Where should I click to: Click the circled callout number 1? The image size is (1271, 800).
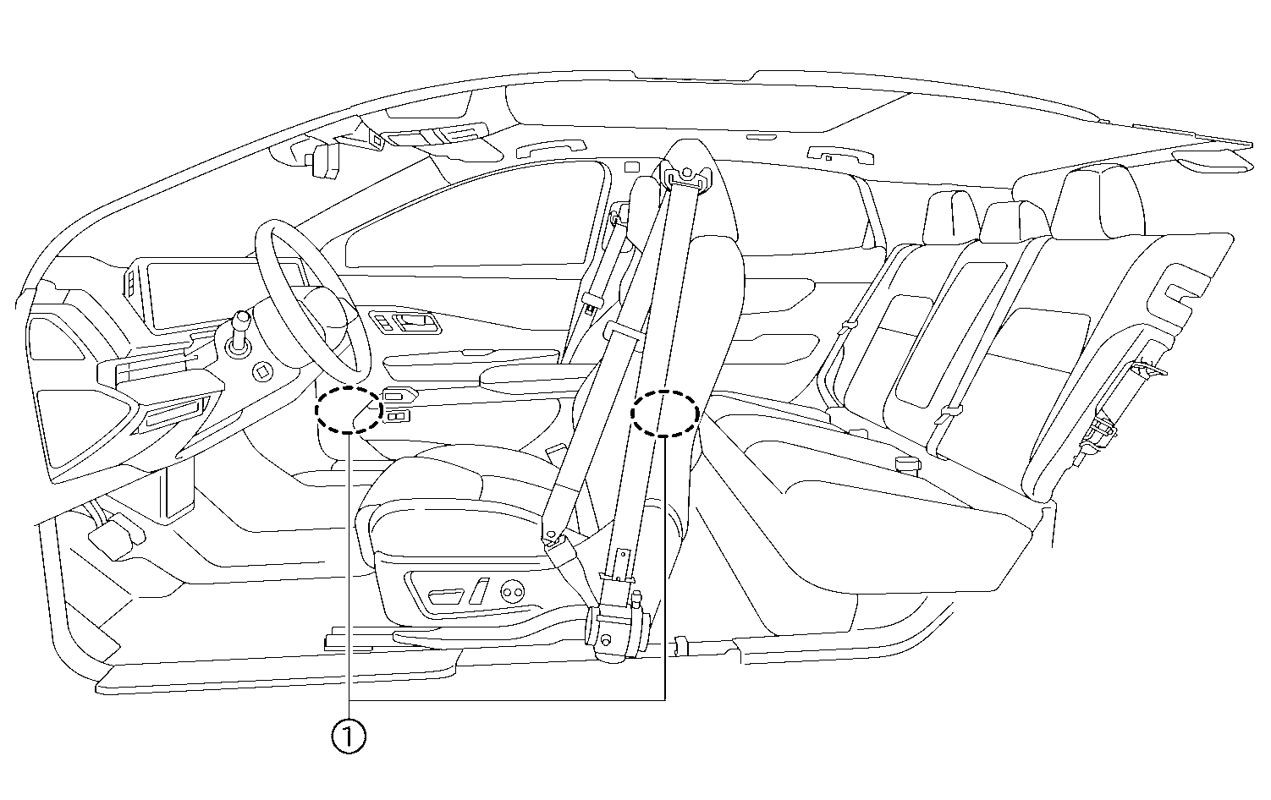pos(349,737)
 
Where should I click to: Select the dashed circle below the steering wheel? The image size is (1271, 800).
pos(348,410)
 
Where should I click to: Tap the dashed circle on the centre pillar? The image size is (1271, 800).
pos(666,413)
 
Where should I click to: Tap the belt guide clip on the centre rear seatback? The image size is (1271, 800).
pos(947,414)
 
